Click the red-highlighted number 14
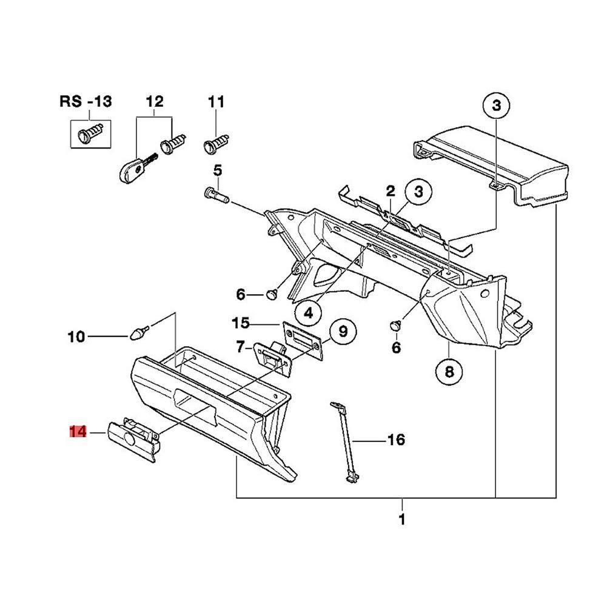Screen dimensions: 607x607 [78, 432]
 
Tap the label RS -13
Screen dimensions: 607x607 [85, 101]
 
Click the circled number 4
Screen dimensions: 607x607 [309, 312]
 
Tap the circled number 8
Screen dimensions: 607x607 [449, 372]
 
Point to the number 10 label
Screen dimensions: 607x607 [76, 336]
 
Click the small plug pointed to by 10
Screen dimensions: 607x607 [139, 332]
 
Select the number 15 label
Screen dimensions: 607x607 [240, 322]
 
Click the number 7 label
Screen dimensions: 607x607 [240, 347]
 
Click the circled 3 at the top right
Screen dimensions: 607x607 [497, 107]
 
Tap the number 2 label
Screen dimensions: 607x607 [391, 192]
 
